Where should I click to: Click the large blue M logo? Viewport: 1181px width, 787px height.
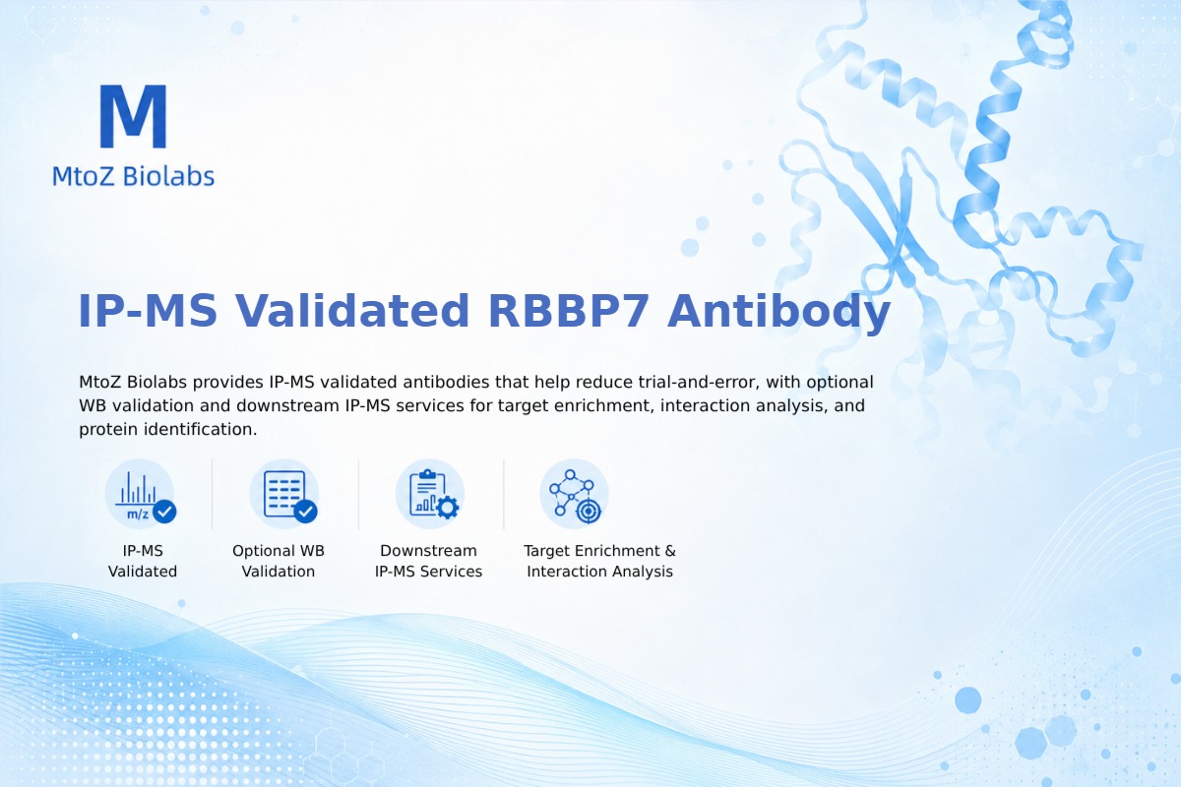(134, 116)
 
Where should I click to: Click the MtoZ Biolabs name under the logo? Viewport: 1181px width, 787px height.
(134, 176)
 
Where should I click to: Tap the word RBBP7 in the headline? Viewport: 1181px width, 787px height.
(568, 311)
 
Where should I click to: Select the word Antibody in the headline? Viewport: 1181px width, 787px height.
(778, 312)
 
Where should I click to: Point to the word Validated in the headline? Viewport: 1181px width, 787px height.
(351, 311)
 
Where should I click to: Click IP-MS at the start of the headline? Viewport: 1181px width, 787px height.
(148, 311)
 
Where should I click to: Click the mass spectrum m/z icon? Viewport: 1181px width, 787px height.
(140, 494)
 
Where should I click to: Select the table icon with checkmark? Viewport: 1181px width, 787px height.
(284, 494)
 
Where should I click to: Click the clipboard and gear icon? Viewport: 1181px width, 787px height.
(430, 494)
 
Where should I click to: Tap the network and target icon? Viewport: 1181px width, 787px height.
(574, 494)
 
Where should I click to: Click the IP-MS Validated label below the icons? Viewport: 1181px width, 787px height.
(143, 561)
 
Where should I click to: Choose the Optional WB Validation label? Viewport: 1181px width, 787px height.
(279, 561)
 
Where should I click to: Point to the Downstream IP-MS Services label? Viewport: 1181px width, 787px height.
(429, 561)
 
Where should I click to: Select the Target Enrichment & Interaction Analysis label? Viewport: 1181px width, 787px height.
(599, 561)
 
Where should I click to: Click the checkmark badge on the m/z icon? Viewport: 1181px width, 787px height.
(164, 511)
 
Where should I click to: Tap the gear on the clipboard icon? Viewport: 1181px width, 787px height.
(448, 508)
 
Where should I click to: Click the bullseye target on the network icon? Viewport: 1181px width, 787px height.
(589, 511)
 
